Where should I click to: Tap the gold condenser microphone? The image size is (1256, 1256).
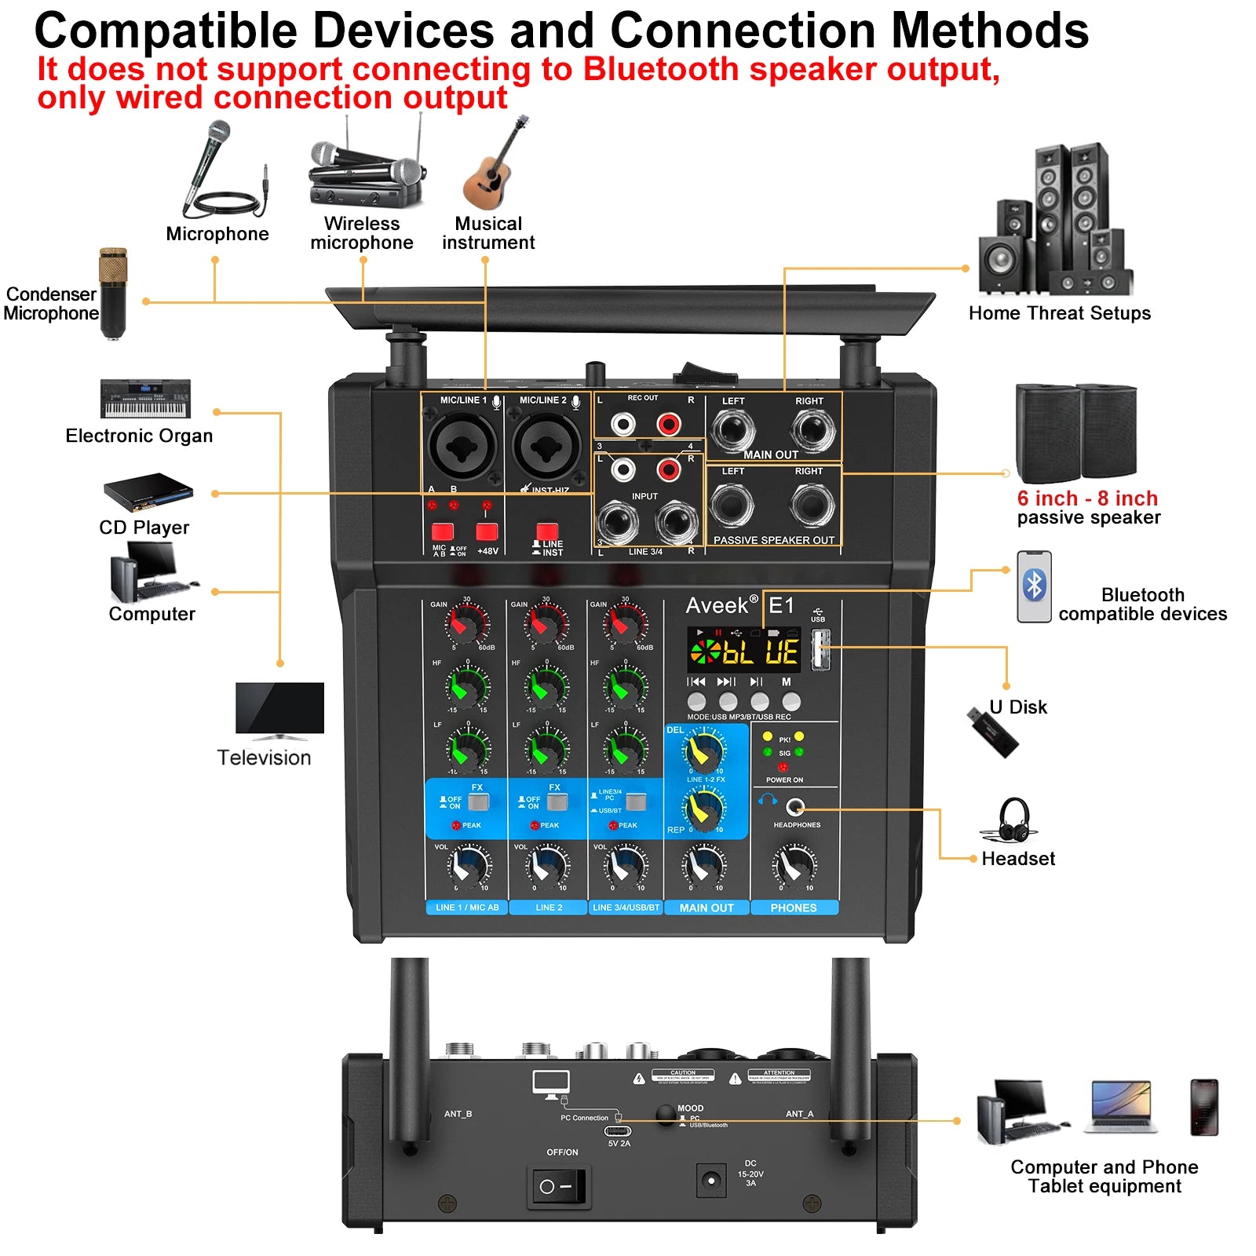click(x=113, y=292)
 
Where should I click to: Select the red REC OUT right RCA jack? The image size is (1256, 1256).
click(x=669, y=425)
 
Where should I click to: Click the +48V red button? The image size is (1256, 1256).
click(x=487, y=531)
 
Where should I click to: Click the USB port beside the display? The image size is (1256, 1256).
click(x=820, y=651)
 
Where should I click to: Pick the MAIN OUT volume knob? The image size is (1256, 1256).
click(x=704, y=867)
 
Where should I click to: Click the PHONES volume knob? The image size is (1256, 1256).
click(x=794, y=866)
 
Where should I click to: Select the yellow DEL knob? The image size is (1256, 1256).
click(x=703, y=752)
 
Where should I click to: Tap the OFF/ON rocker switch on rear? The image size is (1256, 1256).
click(x=557, y=1186)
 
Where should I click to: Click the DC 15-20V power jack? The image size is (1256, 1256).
click(x=711, y=1180)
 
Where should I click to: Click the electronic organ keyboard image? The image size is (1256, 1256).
click(x=146, y=399)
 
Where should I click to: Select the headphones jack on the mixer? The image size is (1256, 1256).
click(x=795, y=806)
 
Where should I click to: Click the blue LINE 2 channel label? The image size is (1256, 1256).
click(x=549, y=907)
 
